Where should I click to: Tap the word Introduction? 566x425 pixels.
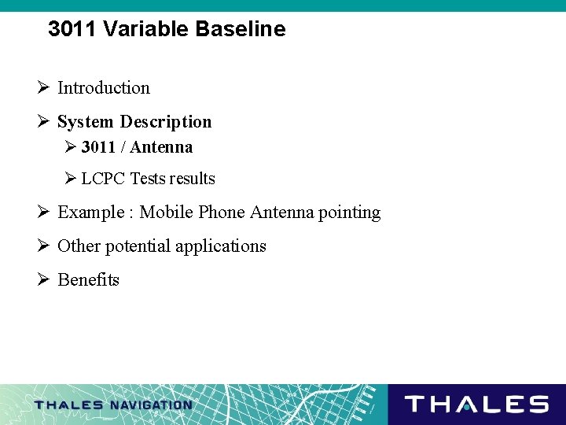(x=103, y=88)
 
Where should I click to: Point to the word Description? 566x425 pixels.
(x=166, y=122)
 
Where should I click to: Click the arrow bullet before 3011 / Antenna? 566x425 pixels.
(x=69, y=147)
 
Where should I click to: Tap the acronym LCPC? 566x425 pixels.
(x=104, y=179)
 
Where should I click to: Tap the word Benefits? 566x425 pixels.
(x=88, y=280)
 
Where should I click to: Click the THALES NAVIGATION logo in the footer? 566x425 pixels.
(x=113, y=405)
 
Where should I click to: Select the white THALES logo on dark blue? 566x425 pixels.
(x=476, y=405)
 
